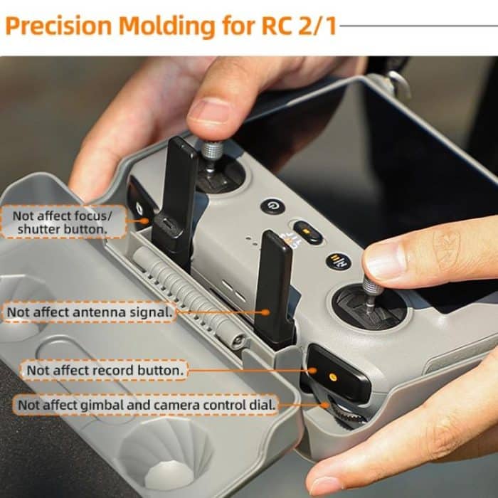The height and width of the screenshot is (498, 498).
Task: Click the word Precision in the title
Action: click(58, 26)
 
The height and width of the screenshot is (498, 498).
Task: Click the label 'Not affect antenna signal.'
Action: click(89, 312)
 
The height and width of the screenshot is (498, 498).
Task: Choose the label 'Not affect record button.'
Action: click(105, 370)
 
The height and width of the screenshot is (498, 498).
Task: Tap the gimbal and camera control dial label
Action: click(146, 405)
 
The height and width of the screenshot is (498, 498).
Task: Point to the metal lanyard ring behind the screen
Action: click(399, 84)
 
